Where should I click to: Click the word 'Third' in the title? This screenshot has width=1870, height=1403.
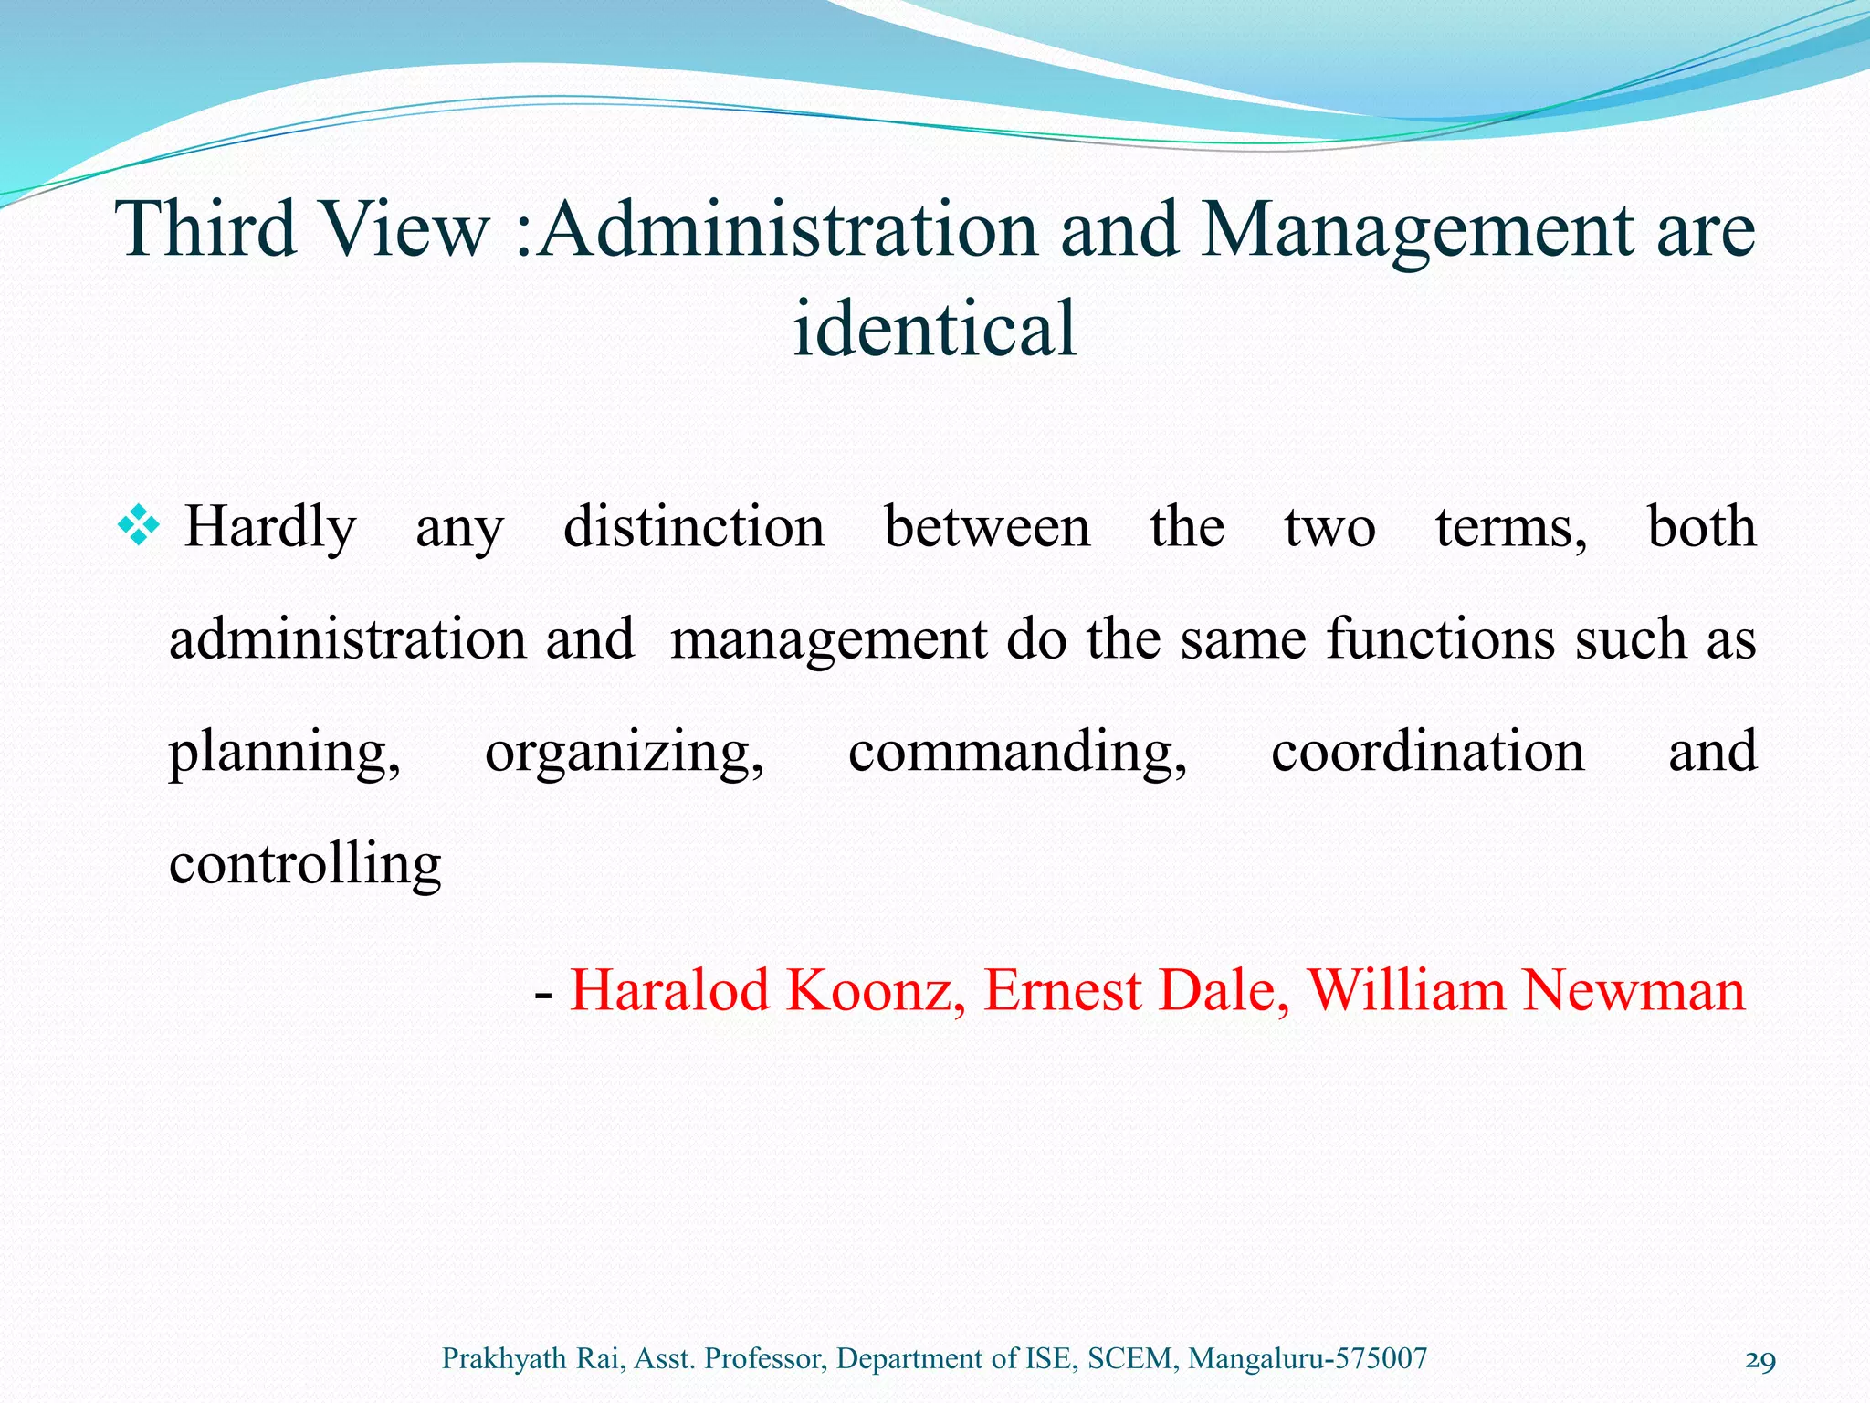pyautogui.click(x=206, y=228)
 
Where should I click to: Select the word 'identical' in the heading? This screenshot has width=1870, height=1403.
pyautogui.click(x=934, y=329)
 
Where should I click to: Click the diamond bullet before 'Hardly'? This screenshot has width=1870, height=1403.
pyautogui.click(x=139, y=528)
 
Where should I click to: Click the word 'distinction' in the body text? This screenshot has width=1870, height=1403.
pyautogui.click(x=694, y=528)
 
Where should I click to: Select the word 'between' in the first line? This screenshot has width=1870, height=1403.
pyautogui.click(x=987, y=528)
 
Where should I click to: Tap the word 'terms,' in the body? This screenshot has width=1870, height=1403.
pyautogui.click(x=1511, y=528)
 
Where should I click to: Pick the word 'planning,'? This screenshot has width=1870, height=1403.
pyautogui.click(x=284, y=753)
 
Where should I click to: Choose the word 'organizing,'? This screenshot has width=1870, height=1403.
pyautogui.click(x=625, y=753)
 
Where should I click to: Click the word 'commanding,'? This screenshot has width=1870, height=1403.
pyautogui.click(x=1017, y=753)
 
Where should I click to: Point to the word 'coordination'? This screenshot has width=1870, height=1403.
pyautogui.click(x=1427, y=751)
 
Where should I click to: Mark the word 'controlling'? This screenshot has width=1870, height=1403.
pyautogui.click(x=305, y=864)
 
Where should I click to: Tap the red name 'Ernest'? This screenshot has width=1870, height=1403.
pyautogui.click(x=1062, y=990)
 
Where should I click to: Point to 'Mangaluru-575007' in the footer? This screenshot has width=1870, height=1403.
pyautogui.click(x=1308, y=1359)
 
